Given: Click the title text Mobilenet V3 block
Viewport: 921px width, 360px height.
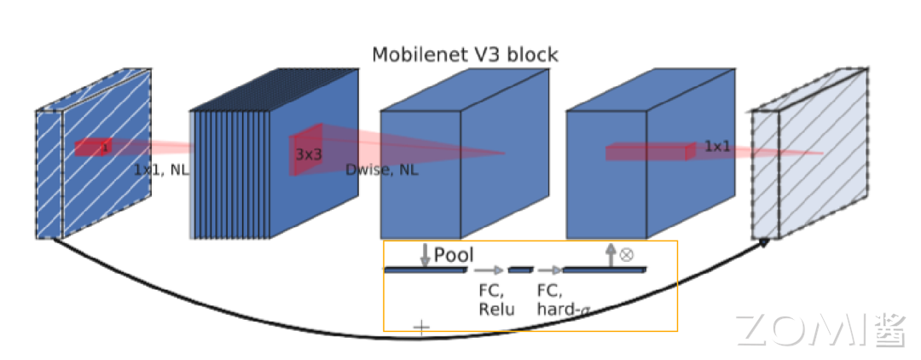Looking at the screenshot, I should [x=465, y=55].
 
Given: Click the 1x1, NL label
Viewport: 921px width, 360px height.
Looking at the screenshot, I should [x=161, y=169].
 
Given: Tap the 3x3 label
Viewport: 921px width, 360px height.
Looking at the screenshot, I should [x=309, y=154].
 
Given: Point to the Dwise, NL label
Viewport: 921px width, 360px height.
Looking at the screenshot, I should [x=382, y=169].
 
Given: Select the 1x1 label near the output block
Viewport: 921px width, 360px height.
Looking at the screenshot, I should [x=717, y=147].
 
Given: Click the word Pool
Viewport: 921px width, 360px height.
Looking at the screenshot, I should [x=454, y=254].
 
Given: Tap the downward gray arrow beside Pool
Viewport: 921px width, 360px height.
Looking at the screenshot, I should [x=425, y=254].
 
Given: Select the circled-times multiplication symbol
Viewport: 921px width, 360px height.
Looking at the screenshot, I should [x=627, y=253].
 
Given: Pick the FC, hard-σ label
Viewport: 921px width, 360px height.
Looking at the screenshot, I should [x=563, y=299].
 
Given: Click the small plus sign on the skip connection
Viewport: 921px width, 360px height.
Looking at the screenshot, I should [x=421, y=327].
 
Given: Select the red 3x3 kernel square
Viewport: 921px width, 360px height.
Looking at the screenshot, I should [x=306, y=150].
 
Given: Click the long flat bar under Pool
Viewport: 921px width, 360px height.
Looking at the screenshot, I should [x=426, y=270].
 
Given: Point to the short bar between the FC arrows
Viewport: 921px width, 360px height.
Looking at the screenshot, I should [x=520, y=270].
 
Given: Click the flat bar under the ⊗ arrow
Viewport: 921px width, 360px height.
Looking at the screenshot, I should [x=604, y=270].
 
